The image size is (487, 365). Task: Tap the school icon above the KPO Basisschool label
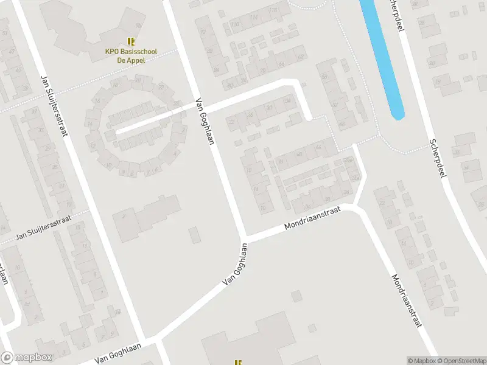[x=131, y=41]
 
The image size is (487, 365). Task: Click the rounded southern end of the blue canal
[x=396, y=113]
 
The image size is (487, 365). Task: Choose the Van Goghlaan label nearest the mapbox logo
[x=117, y=353]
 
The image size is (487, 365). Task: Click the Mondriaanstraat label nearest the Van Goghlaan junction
[x=313, y=218]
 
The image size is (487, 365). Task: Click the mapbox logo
[x=27, y=358]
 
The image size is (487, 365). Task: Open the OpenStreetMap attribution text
[x=460, y=360]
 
